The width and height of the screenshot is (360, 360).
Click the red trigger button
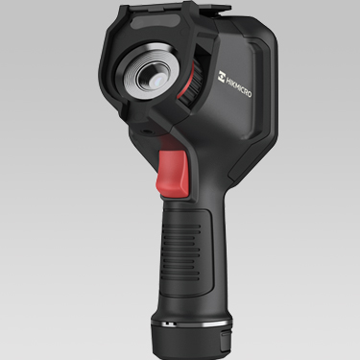[172, 172]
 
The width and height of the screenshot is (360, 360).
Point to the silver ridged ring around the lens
[149, 74]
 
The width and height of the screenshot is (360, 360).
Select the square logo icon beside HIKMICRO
[222, 77]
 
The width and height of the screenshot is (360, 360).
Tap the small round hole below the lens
[148, 132]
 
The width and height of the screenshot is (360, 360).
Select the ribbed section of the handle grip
[181, 248]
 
